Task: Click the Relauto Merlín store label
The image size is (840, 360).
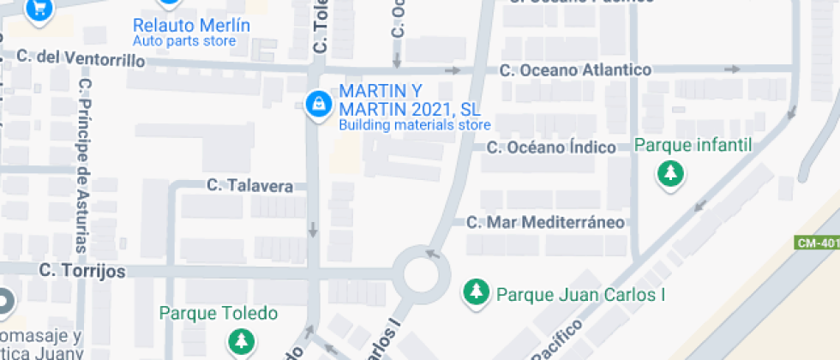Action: point(191,25)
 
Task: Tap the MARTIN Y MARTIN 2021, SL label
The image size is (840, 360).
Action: point(410,99)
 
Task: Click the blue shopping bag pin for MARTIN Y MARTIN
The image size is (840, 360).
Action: point(318,105)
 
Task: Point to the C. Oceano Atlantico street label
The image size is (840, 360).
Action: point(575,69)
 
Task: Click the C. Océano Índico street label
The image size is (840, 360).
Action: point(551,147)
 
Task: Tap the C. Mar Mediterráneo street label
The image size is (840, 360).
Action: point(545,223)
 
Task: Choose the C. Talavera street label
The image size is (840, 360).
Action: point(250,185)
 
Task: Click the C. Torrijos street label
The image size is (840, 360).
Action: point(82,271)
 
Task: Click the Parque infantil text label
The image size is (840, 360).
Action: point(693,145)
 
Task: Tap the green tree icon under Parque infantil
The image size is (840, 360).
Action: point(670,174)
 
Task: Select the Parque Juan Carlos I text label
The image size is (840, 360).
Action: point(581,295)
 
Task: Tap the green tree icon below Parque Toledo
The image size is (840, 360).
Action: point(241,341)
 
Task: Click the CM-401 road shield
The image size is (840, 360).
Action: point(817,243)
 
